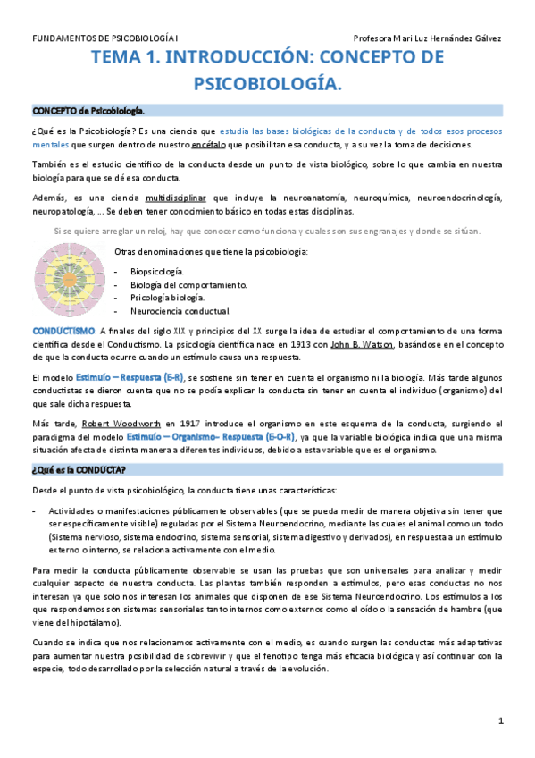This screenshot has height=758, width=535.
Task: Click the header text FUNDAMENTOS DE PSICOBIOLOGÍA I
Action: click(x=105, y=38)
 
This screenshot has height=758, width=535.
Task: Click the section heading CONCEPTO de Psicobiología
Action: click(x=88, y=111)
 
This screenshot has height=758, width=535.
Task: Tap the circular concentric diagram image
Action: click(x=71, y=278)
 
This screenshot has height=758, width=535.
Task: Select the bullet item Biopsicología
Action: click(x=157, y=270)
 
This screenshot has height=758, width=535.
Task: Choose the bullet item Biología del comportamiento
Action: click(x=188, y=284)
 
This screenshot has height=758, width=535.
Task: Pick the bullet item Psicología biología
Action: click(x=168, y=298)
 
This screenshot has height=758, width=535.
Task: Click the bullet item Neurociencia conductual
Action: click(x=180, y=312)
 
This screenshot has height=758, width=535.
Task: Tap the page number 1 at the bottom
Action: click(x=501, y=721)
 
